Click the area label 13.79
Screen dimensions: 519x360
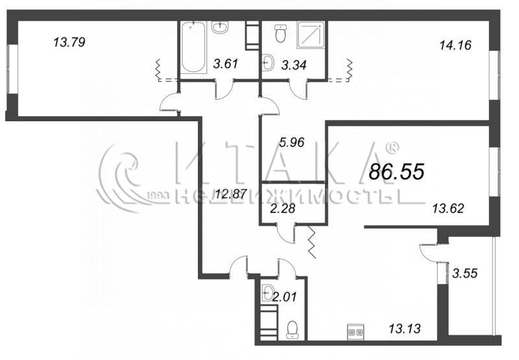[x=69, y=42]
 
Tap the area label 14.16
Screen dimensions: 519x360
[x=455, y=45]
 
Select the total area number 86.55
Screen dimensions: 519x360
[x=396, y=172]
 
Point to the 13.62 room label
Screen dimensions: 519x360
[x=448, y=208]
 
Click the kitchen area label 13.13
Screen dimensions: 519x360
[x=404, y=329]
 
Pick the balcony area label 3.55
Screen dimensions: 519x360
[x=465, y=273]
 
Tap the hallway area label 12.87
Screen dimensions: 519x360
[x=231, y=193]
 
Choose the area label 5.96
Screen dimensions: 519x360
[x=291, y=143]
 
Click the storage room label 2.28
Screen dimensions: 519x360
[x=282, y=209]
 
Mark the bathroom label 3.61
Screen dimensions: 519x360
[x=226, y=64]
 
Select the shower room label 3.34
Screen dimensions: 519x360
[x=294, y=65]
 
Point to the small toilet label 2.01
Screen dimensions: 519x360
[x=285, y=296]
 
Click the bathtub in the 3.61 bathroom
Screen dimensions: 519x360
[x=193, y=47]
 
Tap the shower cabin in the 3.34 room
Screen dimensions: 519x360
[x=311, y=33]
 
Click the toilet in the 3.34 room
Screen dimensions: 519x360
[x=280, y=34]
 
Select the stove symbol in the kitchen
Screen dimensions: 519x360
[x=356, y=331]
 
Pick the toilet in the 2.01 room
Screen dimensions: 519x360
[x=293, y=330]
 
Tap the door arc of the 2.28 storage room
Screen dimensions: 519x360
[x=285, y=235]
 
